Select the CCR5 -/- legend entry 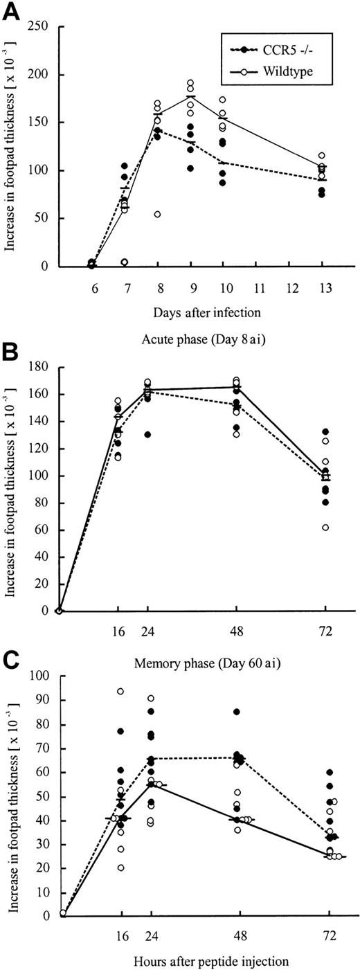pos(275,50)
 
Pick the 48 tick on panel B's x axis pos(237,631)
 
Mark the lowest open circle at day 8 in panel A pos(157,215)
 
